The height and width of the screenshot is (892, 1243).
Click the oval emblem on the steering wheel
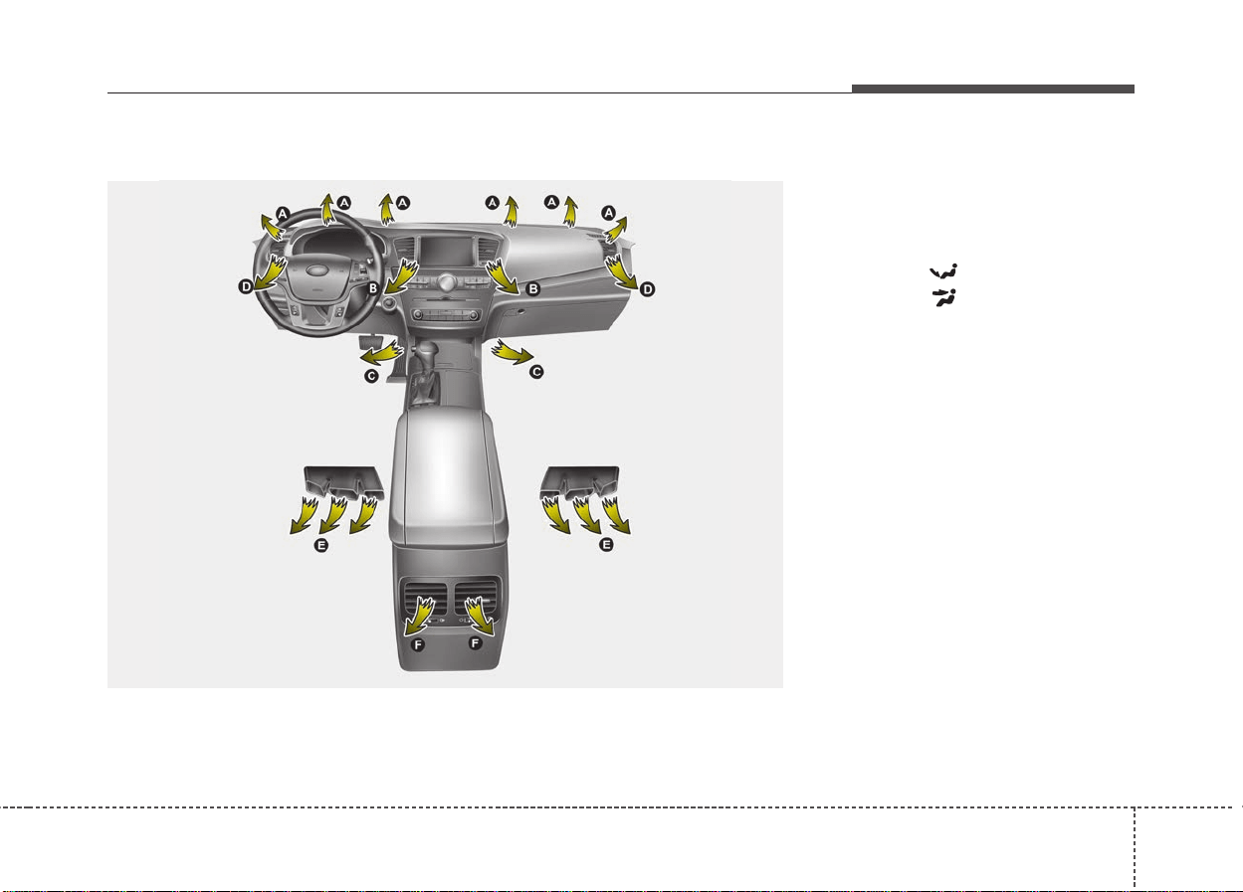316,269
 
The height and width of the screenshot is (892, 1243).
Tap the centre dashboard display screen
447,252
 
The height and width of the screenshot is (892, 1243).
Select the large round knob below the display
446,282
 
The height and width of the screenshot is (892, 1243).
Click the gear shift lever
426,355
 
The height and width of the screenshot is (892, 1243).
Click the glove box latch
519,311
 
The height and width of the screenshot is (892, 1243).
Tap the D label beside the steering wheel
246,286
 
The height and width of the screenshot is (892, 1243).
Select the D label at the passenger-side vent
647,289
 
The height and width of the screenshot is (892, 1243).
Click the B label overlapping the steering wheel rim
373,288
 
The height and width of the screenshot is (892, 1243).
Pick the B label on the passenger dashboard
532,288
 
